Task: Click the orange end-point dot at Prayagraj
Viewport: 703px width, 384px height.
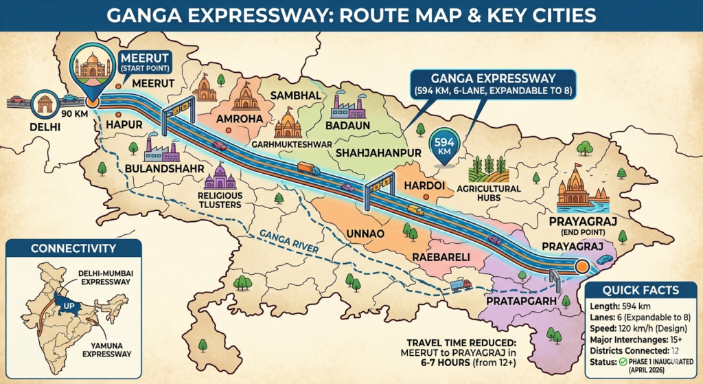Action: (x=582, y=266)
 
